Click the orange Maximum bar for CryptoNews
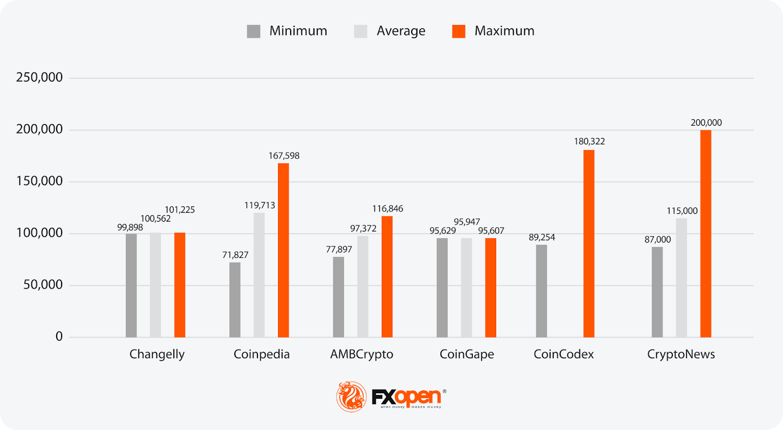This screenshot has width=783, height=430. pyautogui.click(x=706, y=234)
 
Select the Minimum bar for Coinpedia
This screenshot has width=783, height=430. pyautogui.click(x=235, y=300)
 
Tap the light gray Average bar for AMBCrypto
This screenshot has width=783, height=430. pyautogui.click(x=363, y=287)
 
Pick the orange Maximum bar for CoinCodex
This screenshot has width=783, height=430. pyautogui.click(x=589, y=244)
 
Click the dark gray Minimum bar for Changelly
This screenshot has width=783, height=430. pyautogui.click(x=131, y=285)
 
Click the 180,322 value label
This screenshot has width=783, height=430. pyautogui.click(x=589, y=141)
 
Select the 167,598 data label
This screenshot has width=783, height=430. pyautogui.click(x=284, y=156)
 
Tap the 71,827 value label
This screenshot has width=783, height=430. pyautogui.click(x=235, y=255)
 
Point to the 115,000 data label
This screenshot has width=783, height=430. pyautogui.click(x=682, y=211)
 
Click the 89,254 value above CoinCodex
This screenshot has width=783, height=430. pyautogui.click(x=542, y=237)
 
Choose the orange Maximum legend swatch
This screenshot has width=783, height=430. pyautogui.click(x=459, y=31)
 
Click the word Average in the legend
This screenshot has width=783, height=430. pyautogui.click(x=401, y=31)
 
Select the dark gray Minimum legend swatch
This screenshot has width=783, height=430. pyautogui.click(x=253, y=31)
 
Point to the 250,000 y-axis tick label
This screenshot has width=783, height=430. pyautogui.click(x=39, y=77)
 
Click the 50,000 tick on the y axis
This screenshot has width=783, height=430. pyautogui.click(x=43, y=285)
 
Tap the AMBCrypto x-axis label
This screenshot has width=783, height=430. pyautogui.click(x=362, y=354)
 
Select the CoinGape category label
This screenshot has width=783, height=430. pyautogui.click(x=466, y=354)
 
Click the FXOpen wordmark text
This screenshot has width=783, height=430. pyautogui.click(x=407, y=397)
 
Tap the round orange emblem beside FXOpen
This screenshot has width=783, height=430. pyautogui.click(x=351, y=397)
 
